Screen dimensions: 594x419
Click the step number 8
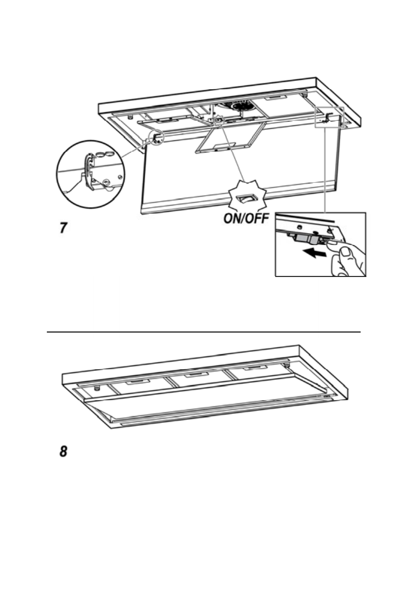pos(62,452)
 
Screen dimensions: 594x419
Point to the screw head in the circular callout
pos(106,183)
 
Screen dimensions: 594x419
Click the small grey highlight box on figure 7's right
pos(330,118)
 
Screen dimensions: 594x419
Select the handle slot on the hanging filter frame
pos(219,148)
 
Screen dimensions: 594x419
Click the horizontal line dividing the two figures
pos(204,331)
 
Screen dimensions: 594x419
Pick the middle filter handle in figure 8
pos(194,375)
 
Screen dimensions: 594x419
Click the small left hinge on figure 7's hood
pos(157,136)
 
